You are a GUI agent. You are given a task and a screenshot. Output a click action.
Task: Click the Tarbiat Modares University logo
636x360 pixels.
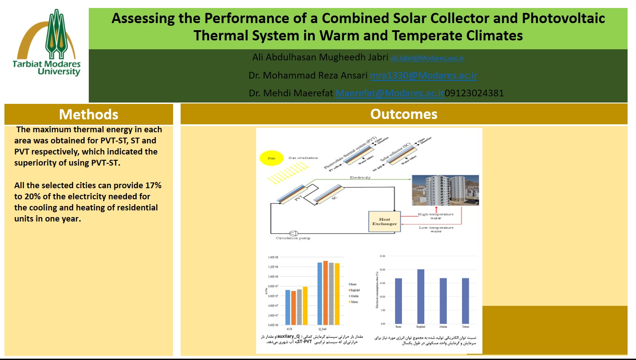tap(47, 44)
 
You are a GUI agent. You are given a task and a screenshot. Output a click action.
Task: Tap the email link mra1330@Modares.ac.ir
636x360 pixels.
tap(423, 75)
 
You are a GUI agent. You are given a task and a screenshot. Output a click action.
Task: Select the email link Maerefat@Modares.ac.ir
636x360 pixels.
tap(390, 93)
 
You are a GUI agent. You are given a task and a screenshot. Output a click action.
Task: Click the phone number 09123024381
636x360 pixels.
tap(474, 93)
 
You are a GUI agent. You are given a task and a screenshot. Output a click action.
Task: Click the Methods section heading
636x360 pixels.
tap(89, 115)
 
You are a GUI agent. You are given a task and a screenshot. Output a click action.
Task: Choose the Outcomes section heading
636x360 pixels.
tap(403, 114)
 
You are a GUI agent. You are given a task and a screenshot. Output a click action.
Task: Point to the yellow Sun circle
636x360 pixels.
tap(271, 158)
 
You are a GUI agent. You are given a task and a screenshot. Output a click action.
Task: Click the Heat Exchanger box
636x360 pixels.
tap(384, 221)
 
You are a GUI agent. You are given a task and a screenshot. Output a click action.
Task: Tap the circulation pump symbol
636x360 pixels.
tap(293, 233)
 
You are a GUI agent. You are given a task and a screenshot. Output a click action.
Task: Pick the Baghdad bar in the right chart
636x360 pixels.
tap(420, 297)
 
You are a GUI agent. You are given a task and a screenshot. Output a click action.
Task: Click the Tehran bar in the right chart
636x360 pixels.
tap(466, 301)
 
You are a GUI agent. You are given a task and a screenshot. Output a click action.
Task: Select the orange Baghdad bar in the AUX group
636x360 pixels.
tap(293, 308)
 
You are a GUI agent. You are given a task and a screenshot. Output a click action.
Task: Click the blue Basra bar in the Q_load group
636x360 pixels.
tap(320, 293)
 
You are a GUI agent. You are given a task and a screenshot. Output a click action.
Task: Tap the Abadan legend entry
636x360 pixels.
tap(353, 296)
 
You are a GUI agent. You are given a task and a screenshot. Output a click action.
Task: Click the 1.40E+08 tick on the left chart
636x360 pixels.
tap(273, 257)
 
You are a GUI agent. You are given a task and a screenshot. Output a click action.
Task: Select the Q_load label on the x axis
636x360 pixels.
tap(328, 329)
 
